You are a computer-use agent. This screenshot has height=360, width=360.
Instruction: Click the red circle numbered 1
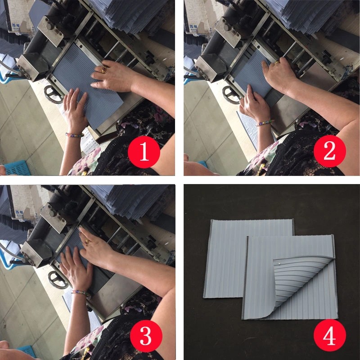pyautogui.click(x=144, y=153)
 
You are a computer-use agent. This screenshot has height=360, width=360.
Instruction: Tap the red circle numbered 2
pyautogui.click(x=329, y=153)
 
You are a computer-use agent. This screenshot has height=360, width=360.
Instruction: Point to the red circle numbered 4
pyautogui.click(x=329, y=336)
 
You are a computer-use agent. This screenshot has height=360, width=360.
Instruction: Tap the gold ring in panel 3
pyautogui.click(x=87, y=242)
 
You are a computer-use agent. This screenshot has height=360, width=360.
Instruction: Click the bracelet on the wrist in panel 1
pyautogui.click(x=74, y=134)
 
